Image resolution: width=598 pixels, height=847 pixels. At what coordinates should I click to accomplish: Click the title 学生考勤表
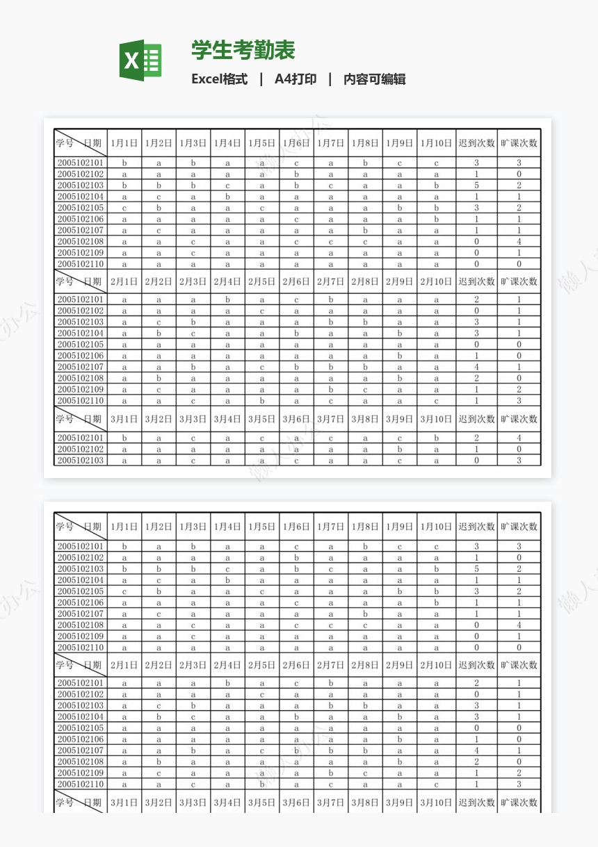[243, 50]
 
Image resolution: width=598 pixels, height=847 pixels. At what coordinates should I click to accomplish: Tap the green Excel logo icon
[140, 60]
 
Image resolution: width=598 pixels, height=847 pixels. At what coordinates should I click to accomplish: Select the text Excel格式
[219, 79]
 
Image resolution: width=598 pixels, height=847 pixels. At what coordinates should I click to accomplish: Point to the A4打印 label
[296, 79]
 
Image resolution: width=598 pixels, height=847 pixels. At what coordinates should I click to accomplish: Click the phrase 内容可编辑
[374, 79]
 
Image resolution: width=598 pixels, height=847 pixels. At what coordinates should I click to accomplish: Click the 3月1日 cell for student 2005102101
[124, 438]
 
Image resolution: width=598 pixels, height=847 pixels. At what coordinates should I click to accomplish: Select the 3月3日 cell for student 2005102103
[193, 461]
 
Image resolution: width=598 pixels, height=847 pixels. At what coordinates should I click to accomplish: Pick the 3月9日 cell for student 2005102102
[400, 450]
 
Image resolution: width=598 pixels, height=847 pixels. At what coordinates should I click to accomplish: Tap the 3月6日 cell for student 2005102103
[296, 461]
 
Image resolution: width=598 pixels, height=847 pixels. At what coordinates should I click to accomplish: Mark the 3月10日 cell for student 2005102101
[437, 438]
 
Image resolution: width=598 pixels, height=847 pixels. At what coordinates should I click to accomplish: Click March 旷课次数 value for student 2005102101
[519, 438]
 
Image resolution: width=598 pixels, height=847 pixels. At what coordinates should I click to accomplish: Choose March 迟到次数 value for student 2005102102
[476, 450]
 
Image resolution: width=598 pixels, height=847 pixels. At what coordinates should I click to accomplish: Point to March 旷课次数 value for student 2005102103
[519, 461]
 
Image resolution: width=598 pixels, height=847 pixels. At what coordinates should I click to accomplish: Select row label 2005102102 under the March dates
[81, 450]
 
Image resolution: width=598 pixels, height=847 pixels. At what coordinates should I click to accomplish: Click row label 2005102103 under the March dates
[81, 461]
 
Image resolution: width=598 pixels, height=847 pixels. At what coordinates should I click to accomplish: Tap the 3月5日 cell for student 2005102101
[262, 438]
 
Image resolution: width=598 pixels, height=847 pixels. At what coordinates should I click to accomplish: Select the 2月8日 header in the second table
[365, 665]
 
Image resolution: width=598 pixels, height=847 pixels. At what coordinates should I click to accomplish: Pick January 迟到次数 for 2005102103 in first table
[476, 186]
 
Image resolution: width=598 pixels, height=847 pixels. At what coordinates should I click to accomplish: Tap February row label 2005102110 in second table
[81, 784]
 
